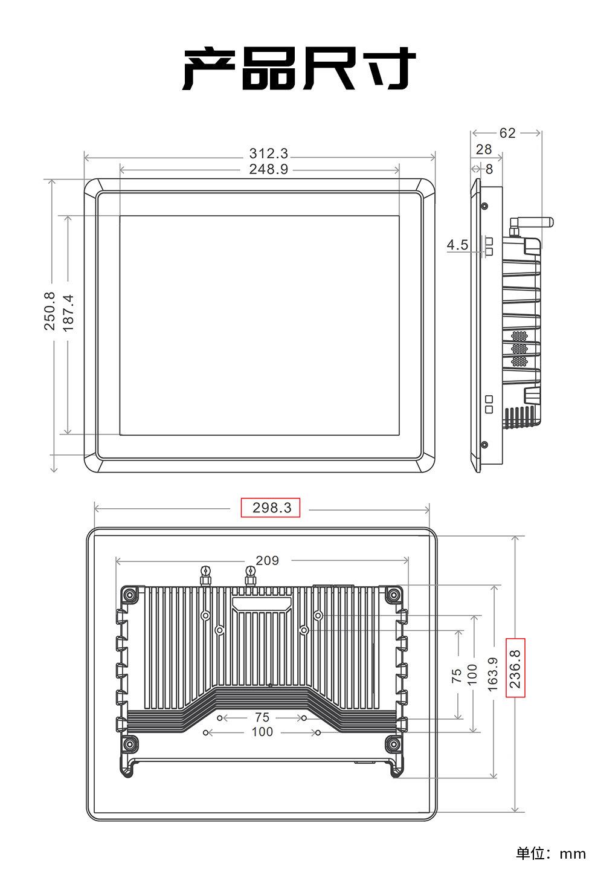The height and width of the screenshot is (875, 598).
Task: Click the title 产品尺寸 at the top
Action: [299, 69]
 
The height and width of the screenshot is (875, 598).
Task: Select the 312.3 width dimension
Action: [269, 153]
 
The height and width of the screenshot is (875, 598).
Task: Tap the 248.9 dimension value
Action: [269, 169]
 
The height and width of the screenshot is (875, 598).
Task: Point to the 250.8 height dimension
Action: [50, 311]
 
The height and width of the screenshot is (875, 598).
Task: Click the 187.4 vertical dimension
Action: [68, 313]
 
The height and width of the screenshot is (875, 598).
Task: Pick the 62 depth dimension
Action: [507, 133]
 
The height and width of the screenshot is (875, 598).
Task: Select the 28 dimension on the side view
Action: [484, 149]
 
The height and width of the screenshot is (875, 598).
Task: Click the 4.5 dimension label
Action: [457, 245]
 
